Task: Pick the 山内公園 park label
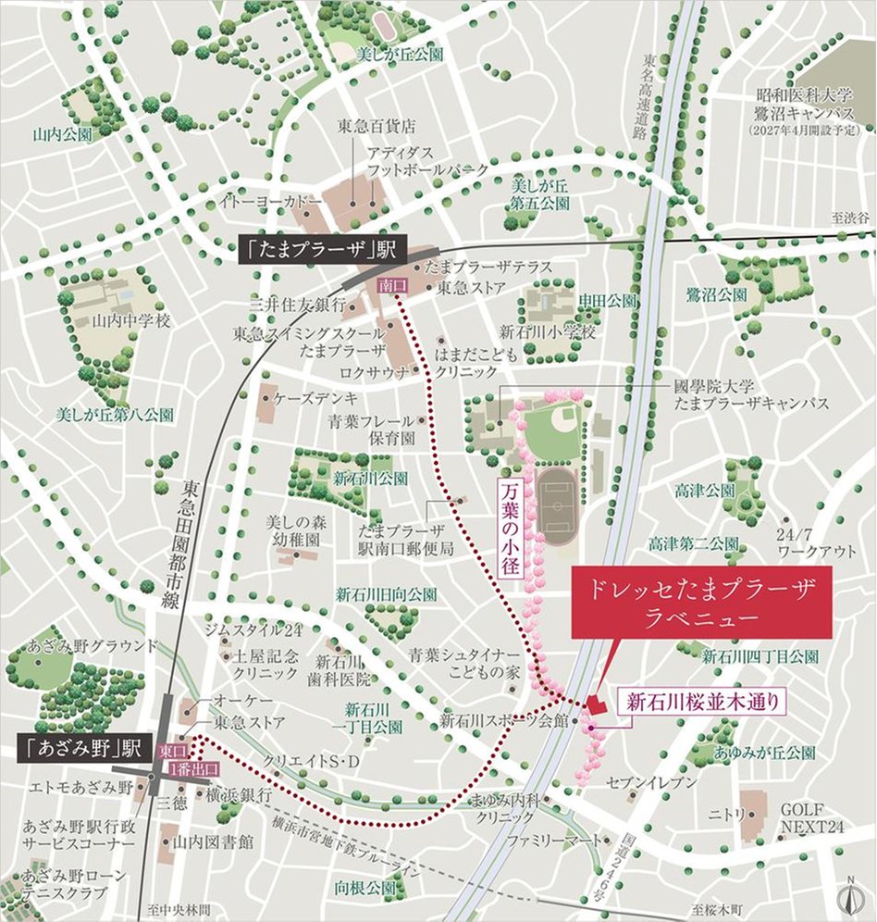point(62,134)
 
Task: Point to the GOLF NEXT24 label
point(811,816)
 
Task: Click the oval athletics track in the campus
point(555,505)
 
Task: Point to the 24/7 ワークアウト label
point(816,542)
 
